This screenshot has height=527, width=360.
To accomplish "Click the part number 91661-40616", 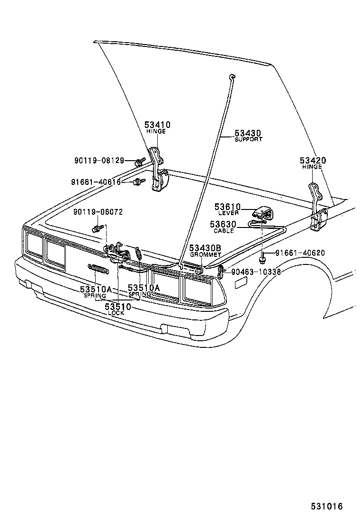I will pyautogui.click(x=96, y=182).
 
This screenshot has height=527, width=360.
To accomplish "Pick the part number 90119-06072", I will pyautogui.click(x=98, y=212).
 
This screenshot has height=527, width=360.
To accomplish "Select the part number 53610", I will pyautogui.click(x=227, y=207).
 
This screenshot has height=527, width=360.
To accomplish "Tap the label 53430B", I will pyautogui.click(x=206, y=248).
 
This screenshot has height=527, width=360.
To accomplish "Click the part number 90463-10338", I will pyautogui.click(x=256, y=272).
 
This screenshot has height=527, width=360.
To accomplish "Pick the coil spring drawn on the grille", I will pyautogui.click(x=99, y=269).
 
